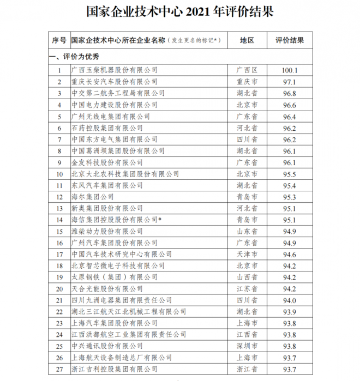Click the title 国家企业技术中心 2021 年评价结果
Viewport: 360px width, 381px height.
[179, 11]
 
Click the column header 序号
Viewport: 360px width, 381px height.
[59, 40]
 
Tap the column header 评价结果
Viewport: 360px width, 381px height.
[290, 40]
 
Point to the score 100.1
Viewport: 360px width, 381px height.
[290, 70]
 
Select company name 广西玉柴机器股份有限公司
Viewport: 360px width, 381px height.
[115, 70]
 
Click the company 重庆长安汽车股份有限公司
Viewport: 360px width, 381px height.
[115, 82]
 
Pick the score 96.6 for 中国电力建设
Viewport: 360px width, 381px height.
[290, 105]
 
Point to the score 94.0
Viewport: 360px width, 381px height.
[290, 300]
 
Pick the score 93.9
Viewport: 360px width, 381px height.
[290, 311]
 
